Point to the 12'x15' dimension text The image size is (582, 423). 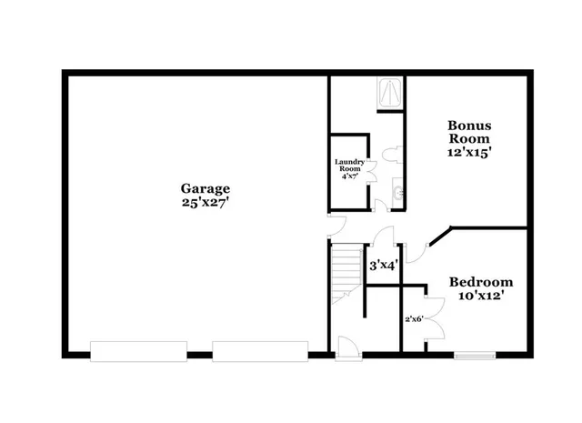[469, 153]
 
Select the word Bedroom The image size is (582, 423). [481, 282]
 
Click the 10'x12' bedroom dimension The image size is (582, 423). [481, 296]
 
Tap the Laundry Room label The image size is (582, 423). [350, 166]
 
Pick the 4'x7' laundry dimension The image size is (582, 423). [350, 176]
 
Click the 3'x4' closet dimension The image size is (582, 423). [382, 266]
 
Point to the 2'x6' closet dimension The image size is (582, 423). [414, 319]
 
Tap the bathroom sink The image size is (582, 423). [398, 192]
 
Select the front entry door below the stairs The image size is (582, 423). [346, 347]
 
